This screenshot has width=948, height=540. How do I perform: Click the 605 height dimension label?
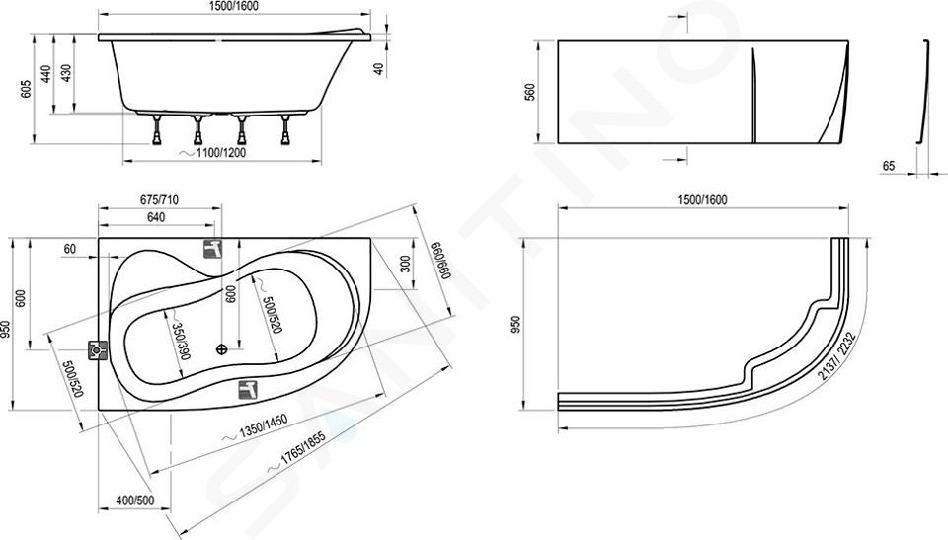pos(26,90)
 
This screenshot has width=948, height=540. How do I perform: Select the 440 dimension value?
pos(46,74)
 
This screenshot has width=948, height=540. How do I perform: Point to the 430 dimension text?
pos(66,73)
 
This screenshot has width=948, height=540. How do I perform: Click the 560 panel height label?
pos(530,92)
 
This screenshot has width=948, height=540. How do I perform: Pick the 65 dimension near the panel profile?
pos(888,166)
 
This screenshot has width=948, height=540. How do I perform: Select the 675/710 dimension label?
pos(159,200)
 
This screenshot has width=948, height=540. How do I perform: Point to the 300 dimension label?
pos(405,265)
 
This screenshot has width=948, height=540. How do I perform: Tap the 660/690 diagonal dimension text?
pos(440,260)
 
